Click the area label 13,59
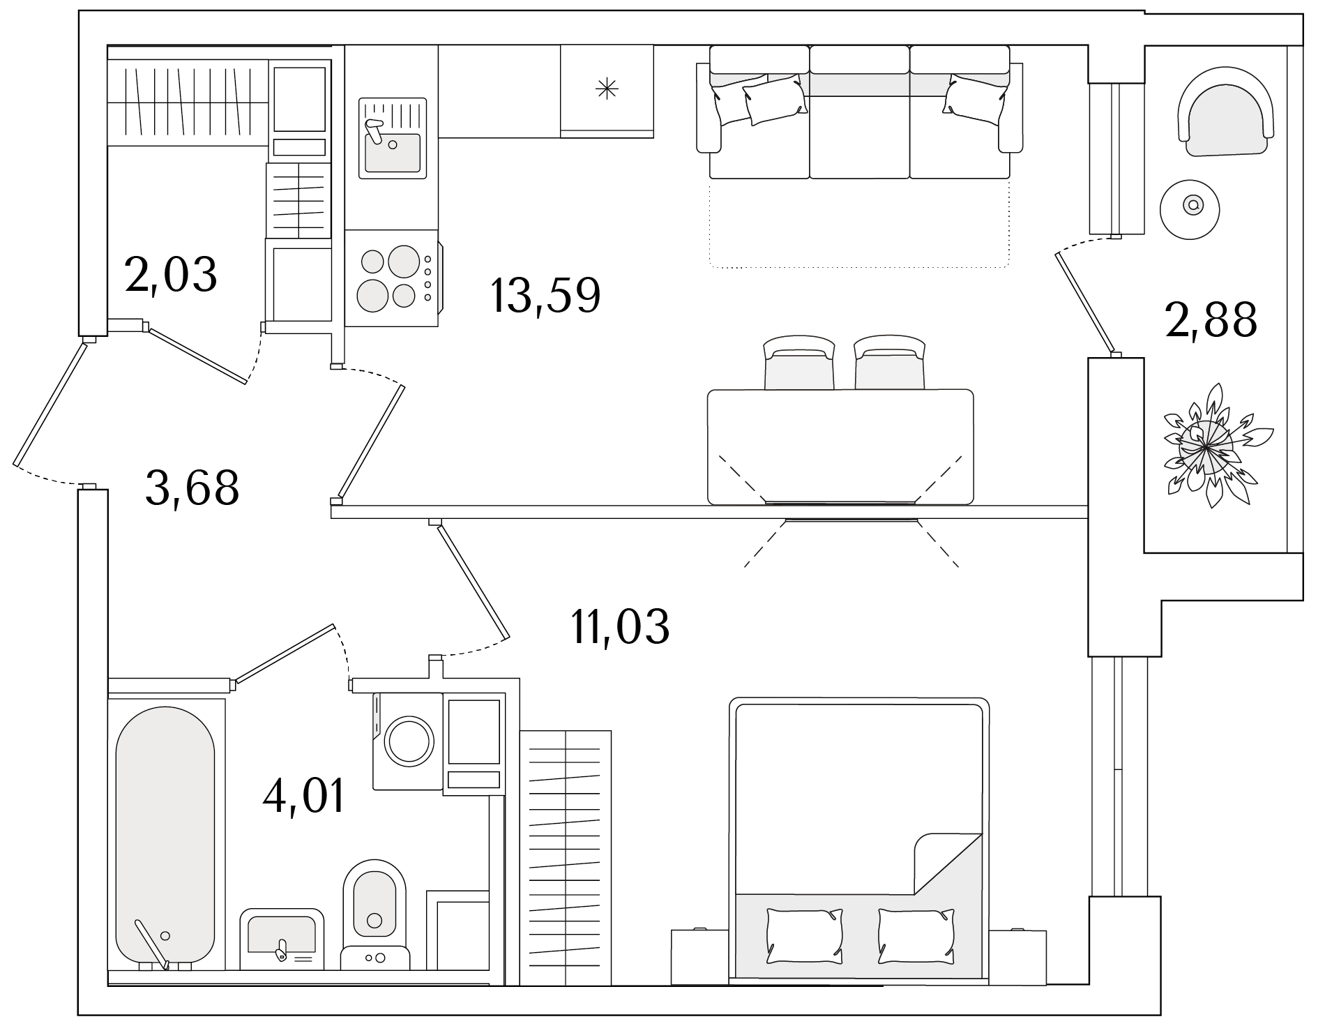point(545,296)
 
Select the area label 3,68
point(192,488)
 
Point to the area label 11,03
point(620,626)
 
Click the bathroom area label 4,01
point(304,797)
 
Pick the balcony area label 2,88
point(1211,320)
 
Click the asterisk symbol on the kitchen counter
point(607,89)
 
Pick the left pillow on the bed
point(804,935)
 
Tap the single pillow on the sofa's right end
point(975,100)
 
